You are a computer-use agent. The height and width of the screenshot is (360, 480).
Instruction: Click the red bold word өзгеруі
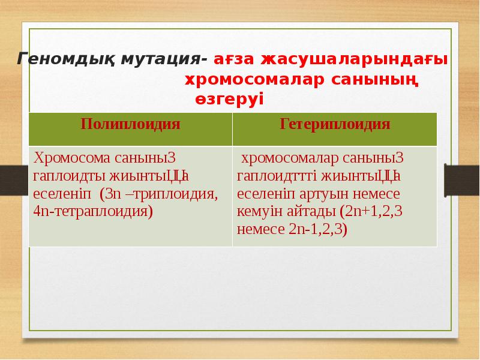pyautogui.click(x=229, y=99)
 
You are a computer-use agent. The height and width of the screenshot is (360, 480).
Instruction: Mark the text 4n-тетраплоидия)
pyautogui.click(x=94, y=212)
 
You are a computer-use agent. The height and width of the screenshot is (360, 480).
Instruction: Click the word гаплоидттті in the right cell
pyautogui.click(x=278, y=176)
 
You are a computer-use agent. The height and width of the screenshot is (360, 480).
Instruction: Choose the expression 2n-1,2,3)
pyautogui.click(x=317, y=229)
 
